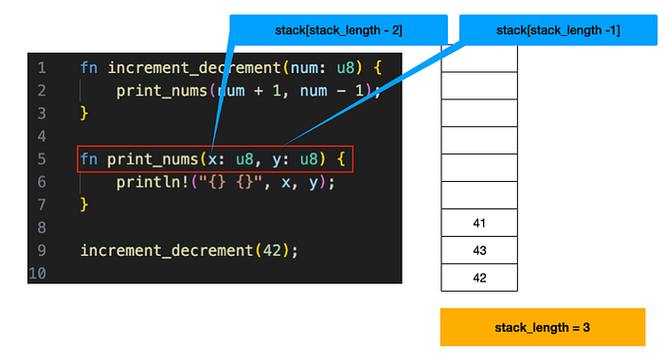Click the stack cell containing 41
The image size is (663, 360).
coord(478,224)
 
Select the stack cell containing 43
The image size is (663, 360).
coord(478,251)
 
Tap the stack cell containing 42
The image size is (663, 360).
coord(478,279)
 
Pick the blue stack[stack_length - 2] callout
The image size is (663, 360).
coord(338,29)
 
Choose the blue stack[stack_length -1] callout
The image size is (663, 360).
coord(558,29)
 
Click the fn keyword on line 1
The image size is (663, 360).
coord(89,68)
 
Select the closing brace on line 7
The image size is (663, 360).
coord(84,205)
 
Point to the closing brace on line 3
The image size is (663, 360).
coord(84,114)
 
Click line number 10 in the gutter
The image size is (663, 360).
coord(38,273)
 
